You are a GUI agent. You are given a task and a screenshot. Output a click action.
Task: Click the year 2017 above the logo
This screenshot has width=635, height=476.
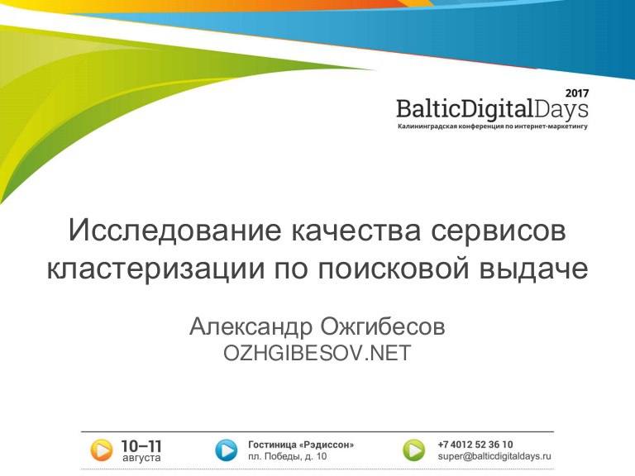[x=577, y=93]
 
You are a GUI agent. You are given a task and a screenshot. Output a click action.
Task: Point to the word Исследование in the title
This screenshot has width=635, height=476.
[x=174, y=230]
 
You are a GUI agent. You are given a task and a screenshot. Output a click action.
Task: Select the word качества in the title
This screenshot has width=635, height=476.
[x=356, y=231]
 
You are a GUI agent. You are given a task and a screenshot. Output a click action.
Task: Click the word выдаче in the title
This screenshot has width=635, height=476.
[x=533, y=269]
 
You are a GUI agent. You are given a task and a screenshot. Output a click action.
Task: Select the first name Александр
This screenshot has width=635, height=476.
[x=251, y=326]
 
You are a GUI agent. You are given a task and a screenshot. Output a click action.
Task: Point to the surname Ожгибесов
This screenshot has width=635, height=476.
[x=383, y=326]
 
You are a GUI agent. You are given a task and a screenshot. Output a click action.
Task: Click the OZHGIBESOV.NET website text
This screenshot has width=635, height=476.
[x=317, y=353]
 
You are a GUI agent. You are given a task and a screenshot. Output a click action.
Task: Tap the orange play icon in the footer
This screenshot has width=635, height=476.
[x=101, y=450]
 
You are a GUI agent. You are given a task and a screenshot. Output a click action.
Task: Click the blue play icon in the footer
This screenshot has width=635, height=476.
[x=227, y=450]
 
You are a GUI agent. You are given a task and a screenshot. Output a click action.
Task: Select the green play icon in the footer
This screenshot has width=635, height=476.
[x=414, y=450]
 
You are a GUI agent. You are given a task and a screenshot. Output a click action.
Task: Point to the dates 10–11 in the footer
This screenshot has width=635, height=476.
[x=141, y=446]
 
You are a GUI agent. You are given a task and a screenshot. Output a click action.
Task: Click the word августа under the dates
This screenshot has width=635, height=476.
[x=141, y=458]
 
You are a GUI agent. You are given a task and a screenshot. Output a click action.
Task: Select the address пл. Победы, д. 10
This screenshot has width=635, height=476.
[x=287, y=456]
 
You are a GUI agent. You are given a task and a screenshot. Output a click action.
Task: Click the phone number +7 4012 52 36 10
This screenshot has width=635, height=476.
[x=475, y=445]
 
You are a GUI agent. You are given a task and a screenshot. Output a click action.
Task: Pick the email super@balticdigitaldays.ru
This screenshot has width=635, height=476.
[x=494, y=456]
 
